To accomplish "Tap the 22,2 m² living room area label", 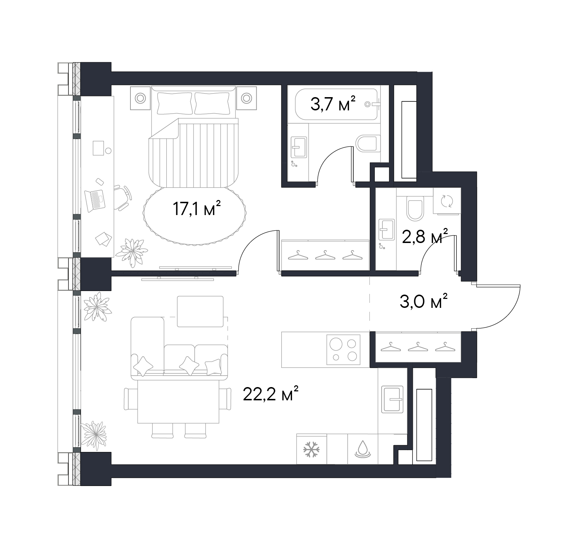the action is click(x=271, y=394).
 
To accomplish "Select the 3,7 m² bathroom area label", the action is click(x=333, y=104).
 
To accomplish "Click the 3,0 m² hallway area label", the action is click(x=424, y=301).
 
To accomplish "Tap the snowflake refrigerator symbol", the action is click(x=311, y=449).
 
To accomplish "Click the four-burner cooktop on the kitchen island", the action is click(x=343, y=349).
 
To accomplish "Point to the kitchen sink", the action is click(x=392, y=399).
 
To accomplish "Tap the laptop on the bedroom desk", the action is click(x=95, y=200).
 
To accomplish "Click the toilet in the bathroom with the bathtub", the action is click(x=368, y=143).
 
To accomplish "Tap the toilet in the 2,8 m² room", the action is click(x=415, y=209).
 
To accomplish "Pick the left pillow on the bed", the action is click(x=175, y=103).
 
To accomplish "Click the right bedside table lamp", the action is click(x=247, y=98).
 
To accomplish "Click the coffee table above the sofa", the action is click(x=200, y=311).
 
